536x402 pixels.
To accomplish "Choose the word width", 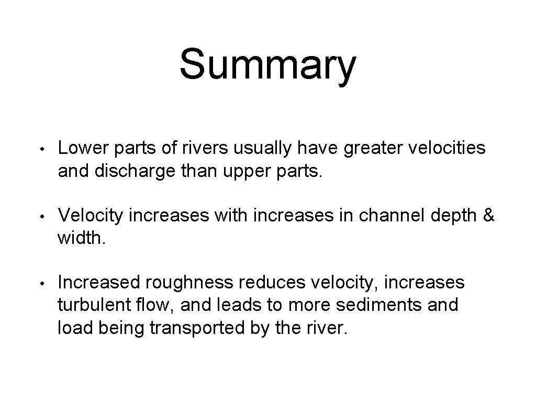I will pyautogui.click(x=79, y=239).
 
